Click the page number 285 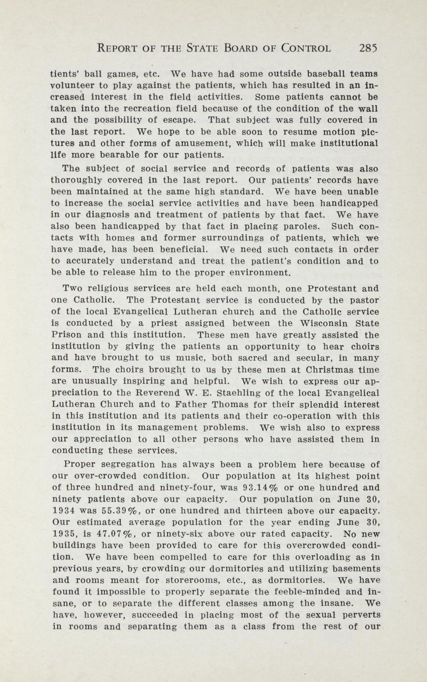(x=369, y=48)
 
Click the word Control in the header (x=306, y=48)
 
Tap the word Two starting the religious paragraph (x=73, y=288)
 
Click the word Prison (x=66, y=335)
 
